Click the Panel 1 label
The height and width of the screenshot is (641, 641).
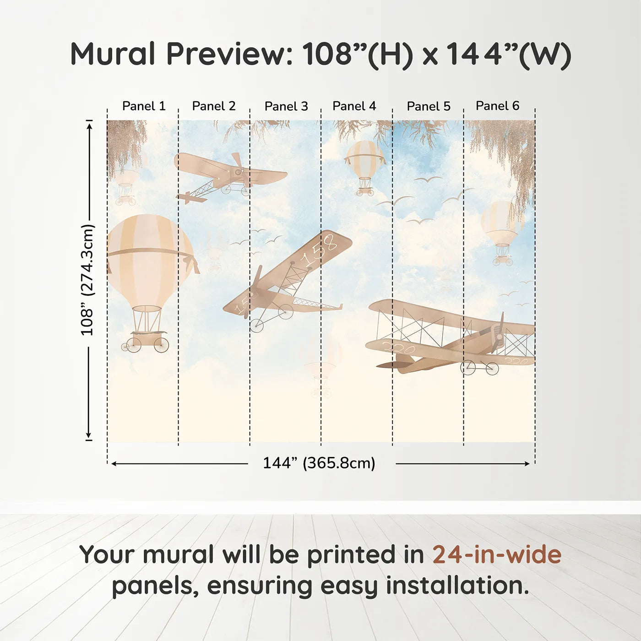pyautogui.click(x=143, y=106)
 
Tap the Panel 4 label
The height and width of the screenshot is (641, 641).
pyautogui.click(x=354, y=106)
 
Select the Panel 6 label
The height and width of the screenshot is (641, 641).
pyautogui.click(x=497, y=106)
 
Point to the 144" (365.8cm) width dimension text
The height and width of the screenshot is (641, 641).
pyautogui.click(x=319, y=463)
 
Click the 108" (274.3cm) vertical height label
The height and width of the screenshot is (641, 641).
pyautogui.click(x=87, y=280)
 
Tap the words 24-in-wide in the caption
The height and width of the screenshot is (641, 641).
pyautogui.click(x=497, y=554)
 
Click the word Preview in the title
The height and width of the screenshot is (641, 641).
pyautogui.click(x=232, y=54)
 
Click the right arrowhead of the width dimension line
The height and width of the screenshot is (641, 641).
pyautogui.click(x=527, y=464)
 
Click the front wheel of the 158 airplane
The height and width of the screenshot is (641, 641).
pyautogui.click(x=256, y=326)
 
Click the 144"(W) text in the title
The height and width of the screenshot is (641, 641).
pyautogui.click(x=508, y=54)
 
